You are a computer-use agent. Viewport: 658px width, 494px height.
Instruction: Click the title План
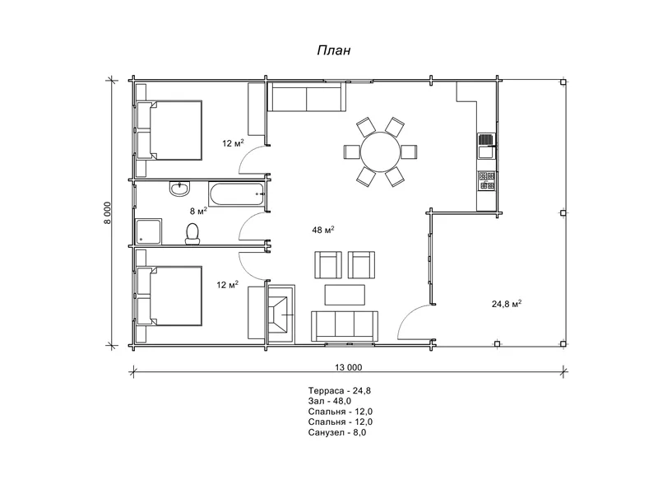pos(334,50)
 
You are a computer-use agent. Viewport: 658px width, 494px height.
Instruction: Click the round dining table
pos(381,151)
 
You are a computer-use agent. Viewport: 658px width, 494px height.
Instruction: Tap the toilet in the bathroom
pos(192,234)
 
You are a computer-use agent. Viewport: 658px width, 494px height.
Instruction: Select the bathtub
pos(237,193)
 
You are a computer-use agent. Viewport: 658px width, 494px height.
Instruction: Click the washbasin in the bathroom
pos(180,189)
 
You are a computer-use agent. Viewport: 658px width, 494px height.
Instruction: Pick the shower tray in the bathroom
pos(149,231)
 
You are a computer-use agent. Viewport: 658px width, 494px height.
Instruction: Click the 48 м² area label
pos(322,230)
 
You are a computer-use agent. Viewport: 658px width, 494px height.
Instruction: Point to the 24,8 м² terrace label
pos(507,303)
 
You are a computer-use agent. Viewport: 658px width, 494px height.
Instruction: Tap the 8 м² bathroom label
pos(198,211)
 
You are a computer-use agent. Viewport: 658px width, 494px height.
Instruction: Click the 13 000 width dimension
pos(348,367)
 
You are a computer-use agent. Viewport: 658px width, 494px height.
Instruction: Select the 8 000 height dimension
pos(108,212)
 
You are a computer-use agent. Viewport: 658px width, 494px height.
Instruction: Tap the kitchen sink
pos(486,146)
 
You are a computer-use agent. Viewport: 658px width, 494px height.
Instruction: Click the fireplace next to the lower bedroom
pos(281,314)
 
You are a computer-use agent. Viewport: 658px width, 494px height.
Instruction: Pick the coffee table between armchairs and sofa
pos(345,295)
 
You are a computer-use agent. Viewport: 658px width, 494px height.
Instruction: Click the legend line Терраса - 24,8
pos(339,390)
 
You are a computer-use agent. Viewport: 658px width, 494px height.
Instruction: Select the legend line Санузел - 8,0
pos(337,433)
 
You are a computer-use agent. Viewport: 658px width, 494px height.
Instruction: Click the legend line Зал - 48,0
pos(330,401)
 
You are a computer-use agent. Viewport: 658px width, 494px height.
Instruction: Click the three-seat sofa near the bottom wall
pos(345,326)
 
